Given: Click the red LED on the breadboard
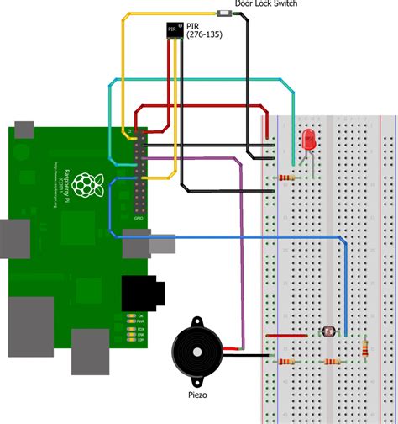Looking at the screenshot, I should point(308,140).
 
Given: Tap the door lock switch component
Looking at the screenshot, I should point(225,13).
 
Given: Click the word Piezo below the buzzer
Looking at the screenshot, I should point(199,395).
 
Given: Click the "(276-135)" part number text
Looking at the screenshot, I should point(203,36).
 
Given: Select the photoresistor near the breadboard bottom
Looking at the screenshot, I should point(327,331).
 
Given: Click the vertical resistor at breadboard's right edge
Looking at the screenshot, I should point(365,347).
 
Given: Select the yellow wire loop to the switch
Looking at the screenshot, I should point(123,67).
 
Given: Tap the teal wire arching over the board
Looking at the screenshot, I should point(202,80).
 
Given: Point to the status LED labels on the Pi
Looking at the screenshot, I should point(132,328).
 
